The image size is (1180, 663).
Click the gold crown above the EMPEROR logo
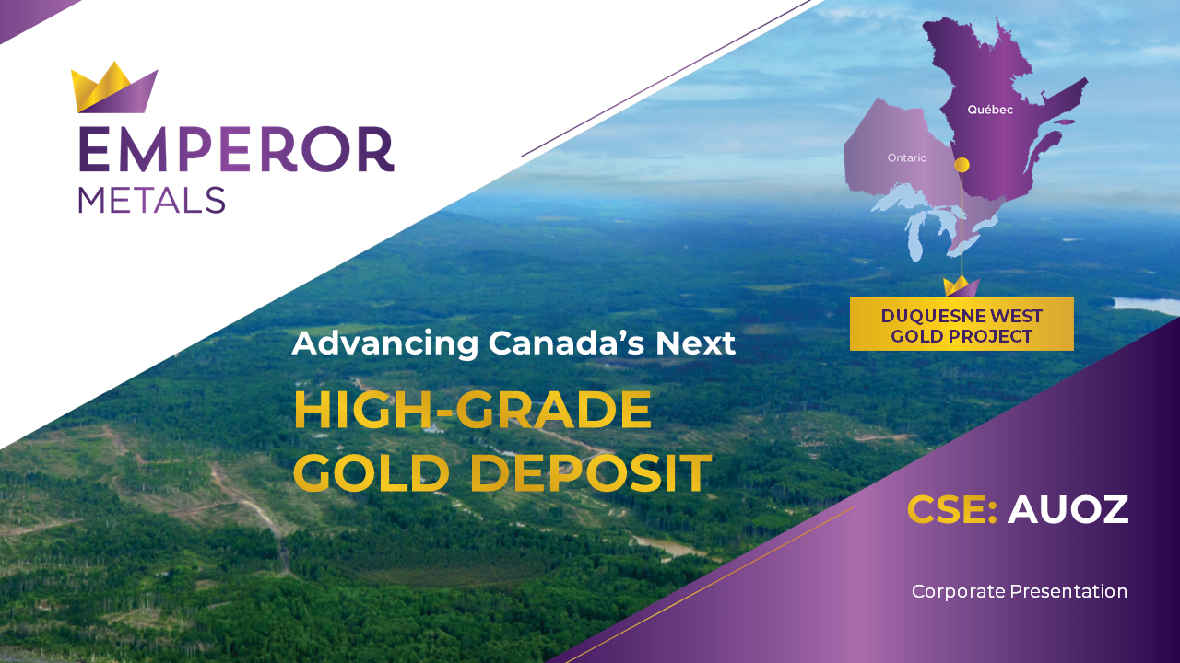click(114, 87)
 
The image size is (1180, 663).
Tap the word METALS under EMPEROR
click(152, 201)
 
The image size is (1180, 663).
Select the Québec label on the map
click(990, 110)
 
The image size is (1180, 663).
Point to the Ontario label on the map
click(907, 157)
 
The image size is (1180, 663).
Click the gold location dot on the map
click(962, 165)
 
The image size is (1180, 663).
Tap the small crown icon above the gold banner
click(962, 286)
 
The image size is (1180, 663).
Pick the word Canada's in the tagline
click(566, 343)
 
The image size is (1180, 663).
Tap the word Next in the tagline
click(695, 343)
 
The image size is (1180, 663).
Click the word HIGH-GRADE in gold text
click(473, 411)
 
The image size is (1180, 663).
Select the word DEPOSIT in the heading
click(591, 472)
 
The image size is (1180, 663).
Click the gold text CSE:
click(951, 509)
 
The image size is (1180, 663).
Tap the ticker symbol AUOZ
click(1068, 509)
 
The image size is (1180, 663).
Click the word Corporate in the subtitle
click(958, 592)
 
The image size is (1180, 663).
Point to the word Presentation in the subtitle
click(1068, 591)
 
